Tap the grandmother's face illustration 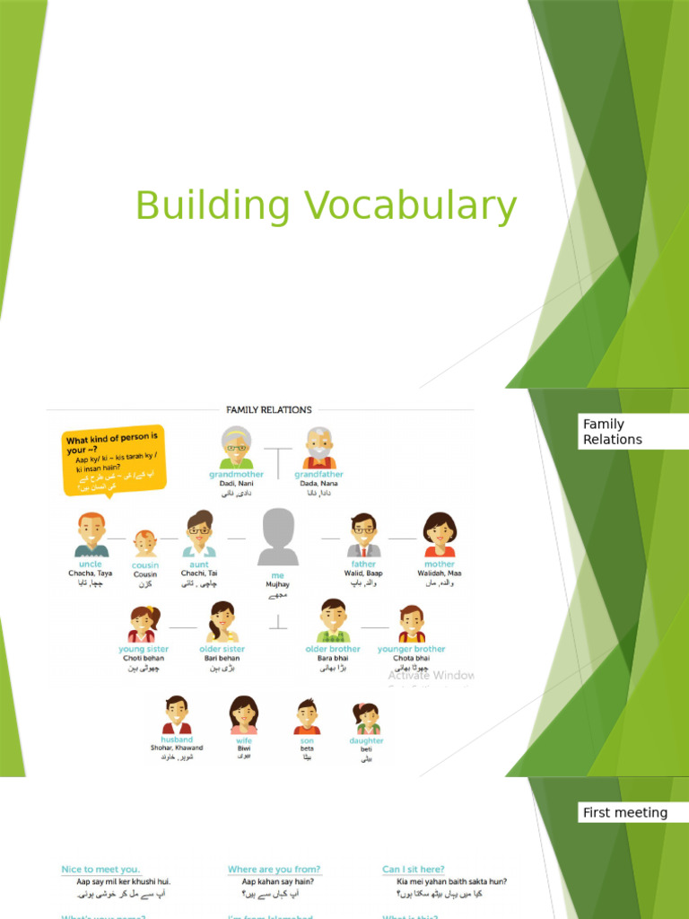pyautogui.click(x=236, y=446)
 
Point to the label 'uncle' pyautogui.click(x=90, y=565)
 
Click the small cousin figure pyautogui.click(x=145, y=542)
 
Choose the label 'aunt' pyautogui.click(x=199, y=565)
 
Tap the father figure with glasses pyautogui.click(x=363, y=535)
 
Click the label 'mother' pyautogui.click(x=440, y=565)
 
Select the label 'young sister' pyautogui.click(x=144, y=649)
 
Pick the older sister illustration pyautogui.click(x=221, y=621)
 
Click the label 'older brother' pyautogui.click(x=333, y=649)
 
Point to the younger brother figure pyautogui.click(x=412, y=623)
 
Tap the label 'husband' pyautogui.click(x=177, y=740)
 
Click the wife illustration pyautogui.click(x=243, y=714)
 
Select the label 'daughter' pyautogui.click(x=366, y=741)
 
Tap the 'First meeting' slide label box pyautogui.click(x=625, y=813)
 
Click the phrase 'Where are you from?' pyautogui.click(x=274, y=870)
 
